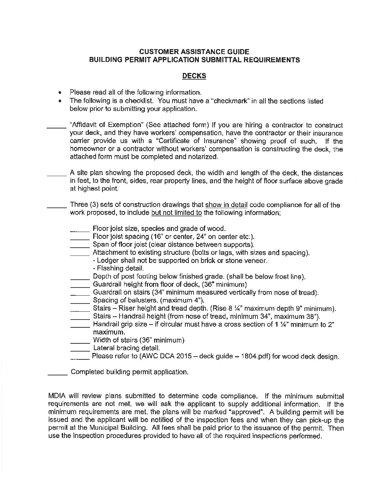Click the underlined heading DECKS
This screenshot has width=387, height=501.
click(194, 75)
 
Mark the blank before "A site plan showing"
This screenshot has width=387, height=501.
click(57, 174)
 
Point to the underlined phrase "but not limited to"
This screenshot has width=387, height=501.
click(176, 213)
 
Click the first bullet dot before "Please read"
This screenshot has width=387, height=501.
click(62, 93)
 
